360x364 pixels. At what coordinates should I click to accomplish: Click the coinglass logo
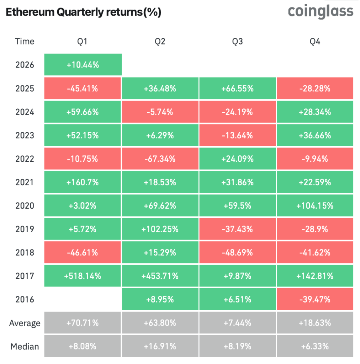coord(321,11)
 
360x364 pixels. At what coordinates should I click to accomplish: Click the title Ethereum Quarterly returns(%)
coord(84,12)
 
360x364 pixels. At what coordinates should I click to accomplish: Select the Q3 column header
coord(237,42)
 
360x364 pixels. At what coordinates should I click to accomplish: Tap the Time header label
coord(25,42)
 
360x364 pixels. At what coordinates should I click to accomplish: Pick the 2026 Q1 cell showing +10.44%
coord(83,65)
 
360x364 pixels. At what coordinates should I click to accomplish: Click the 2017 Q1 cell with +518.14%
coord(83,276)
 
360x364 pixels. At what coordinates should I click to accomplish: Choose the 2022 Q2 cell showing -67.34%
coord(160,159)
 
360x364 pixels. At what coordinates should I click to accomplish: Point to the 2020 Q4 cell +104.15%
coord(315,205)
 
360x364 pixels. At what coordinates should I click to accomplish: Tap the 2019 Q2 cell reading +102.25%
coord(160,229)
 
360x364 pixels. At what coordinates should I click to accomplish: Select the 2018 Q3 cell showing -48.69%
coord(237,252)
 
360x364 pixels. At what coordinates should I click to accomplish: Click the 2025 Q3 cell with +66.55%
coord(237,88)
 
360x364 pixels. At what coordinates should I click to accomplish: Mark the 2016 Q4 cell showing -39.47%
coord(315,299)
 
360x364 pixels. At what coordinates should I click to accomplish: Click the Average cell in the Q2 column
coord(160,323)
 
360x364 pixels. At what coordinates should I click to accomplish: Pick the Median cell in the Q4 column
coord(315,346)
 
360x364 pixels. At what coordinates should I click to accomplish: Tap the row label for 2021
coord(25,182)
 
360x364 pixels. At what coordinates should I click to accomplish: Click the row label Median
coord(25,346)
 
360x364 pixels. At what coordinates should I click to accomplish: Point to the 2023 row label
coord(25,135)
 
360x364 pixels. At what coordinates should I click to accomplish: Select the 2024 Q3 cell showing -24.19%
coord(237,112)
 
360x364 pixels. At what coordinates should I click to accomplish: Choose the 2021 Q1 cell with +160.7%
coord(83,182)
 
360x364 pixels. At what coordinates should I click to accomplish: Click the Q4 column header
coord(315,42)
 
